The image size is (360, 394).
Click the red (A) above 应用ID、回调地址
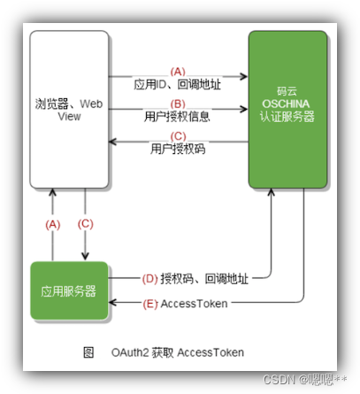click(x=179, y=72)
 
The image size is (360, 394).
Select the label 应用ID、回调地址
click(x=179, y=84)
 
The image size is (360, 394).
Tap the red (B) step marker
click(x=179, y=104)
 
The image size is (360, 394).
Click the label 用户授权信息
click(x=179, y=116)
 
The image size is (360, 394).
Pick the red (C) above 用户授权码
click(x=179, y=136)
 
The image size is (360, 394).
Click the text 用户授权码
click(x=179, y=149)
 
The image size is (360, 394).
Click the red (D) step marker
click(x=149, y=279)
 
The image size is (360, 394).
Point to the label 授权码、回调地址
click(x=205, y=279)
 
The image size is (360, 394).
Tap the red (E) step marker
click(x=149, y=303)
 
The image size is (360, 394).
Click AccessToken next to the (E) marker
click(x=194, y=303)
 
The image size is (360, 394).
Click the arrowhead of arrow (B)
click(x=243, y=110)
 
